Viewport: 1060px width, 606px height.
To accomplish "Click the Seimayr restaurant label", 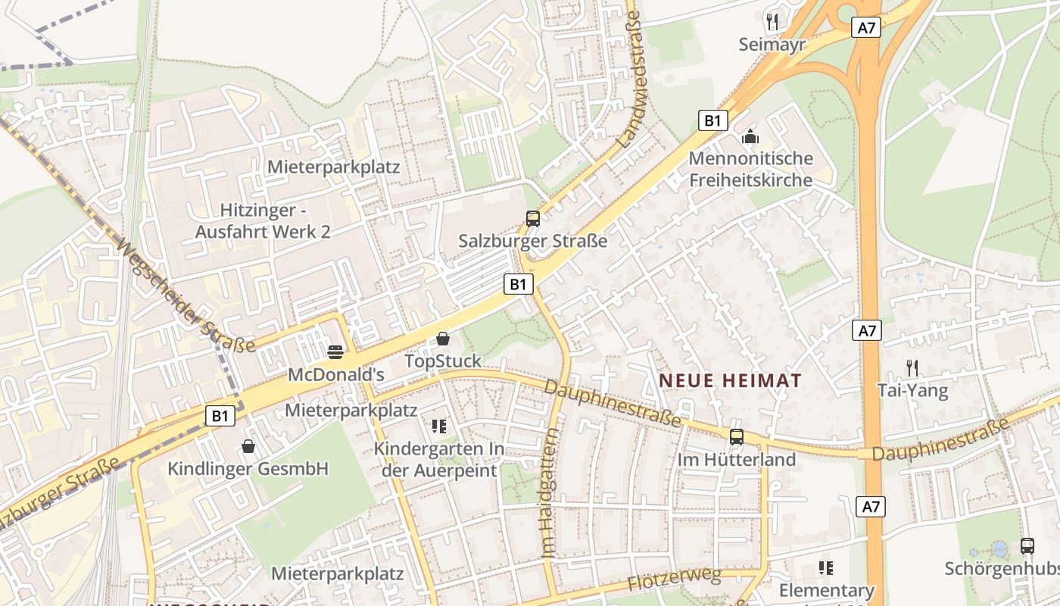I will click(x=772, y=45).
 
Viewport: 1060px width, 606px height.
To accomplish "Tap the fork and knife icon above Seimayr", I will click(x=772, y=22).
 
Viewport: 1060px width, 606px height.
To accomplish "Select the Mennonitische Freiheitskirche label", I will click(x=750, y=169).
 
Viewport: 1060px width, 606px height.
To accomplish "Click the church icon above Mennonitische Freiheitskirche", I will click(x=750, y=136).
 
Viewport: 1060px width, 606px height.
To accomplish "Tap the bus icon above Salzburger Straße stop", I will click(x=533, y=219).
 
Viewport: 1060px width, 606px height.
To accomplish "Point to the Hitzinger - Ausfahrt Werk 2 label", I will click(x=263, y=220).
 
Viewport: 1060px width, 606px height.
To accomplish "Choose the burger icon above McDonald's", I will click(x=335, y=351).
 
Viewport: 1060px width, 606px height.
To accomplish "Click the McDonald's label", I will click(x=336, y=374).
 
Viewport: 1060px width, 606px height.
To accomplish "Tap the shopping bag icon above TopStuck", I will click(x=443, y=339).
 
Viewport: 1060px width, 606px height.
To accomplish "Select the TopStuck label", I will click(x=443, y=361).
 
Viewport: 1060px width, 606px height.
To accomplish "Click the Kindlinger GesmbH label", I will click(x=248, y=469).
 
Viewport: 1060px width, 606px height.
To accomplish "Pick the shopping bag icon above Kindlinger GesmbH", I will click(x=248, y=446).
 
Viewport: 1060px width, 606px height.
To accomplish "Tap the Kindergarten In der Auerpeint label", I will click(x=439, y=460).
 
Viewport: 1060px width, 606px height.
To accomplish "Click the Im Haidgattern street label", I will click(x=550, y=493).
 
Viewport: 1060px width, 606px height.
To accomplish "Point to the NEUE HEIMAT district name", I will click(x=730, y=380).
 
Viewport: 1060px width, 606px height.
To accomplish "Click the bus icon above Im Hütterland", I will click(x=736, y=437).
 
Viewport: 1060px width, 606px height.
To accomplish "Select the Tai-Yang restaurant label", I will click(x=912, y=391).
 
